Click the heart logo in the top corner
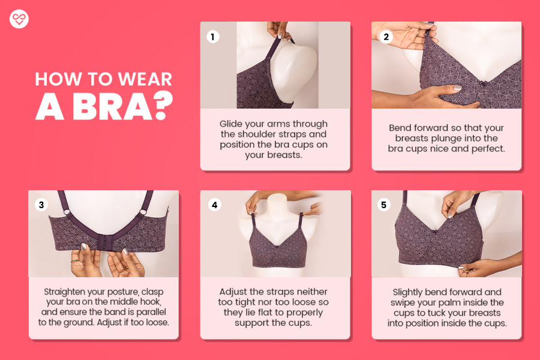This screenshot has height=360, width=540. coord(19,19)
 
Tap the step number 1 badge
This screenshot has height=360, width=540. coord(212,37)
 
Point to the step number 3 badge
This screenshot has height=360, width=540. coord(41,205)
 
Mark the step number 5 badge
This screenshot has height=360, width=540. coord(385,205)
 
